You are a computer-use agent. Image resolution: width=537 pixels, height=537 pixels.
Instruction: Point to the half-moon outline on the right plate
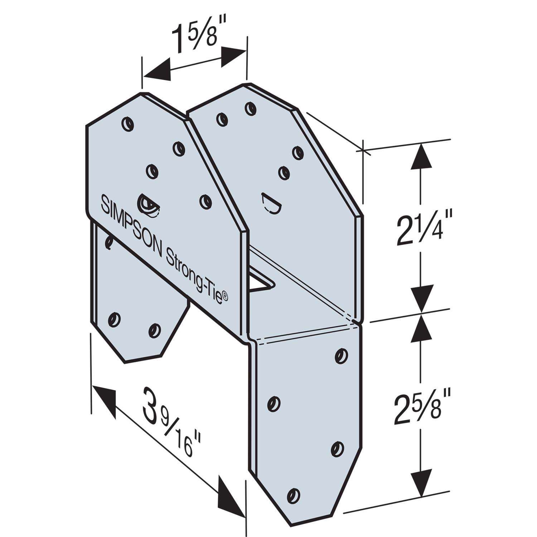tap(270, 204)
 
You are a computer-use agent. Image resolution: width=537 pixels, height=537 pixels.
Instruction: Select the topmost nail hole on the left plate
tap(127, 123)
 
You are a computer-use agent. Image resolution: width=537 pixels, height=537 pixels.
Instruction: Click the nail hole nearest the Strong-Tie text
tap(205, 201)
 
